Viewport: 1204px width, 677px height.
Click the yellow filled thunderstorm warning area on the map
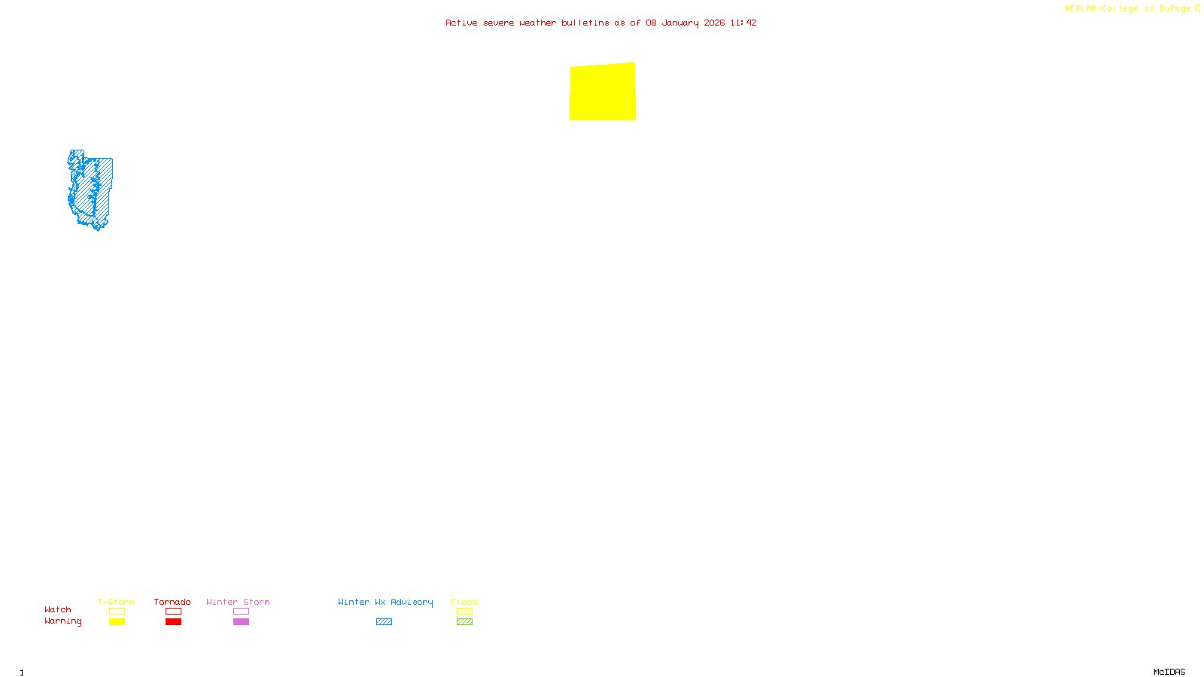click(603, 92)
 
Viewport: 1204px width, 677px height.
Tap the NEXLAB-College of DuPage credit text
click(1128, 8)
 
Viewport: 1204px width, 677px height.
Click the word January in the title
click(680, 23)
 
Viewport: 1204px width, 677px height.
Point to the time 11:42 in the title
click(743, 23)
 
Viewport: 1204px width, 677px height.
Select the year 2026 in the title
click(714, 23)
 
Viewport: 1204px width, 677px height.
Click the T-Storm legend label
click(116, 602)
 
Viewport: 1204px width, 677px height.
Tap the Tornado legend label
click(172, 602)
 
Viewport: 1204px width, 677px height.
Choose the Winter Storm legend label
click(238, 602)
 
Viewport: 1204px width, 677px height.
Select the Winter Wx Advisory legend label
click(385, 602)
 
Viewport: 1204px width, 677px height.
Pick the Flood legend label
click(464, 602)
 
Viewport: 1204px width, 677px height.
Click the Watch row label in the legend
click(58, 609)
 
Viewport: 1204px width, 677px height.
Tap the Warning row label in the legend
click(63, 621)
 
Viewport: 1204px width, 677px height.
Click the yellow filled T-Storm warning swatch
click(117, 622)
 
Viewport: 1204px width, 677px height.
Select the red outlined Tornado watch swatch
click(173, 612)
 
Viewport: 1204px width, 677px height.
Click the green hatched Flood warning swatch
click(464, 622)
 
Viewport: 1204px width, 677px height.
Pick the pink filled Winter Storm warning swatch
click(241, 622)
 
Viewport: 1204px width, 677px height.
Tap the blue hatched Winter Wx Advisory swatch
click(384, 622)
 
